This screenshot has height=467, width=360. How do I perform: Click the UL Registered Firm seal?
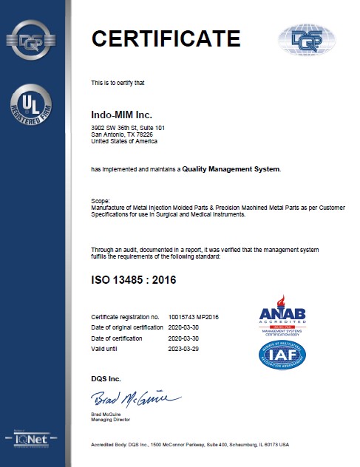click(30, 103)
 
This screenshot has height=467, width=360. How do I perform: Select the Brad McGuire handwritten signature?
click(125, 400)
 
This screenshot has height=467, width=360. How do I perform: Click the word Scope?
click(100, 200)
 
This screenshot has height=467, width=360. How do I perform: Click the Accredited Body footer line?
click(189, 446)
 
